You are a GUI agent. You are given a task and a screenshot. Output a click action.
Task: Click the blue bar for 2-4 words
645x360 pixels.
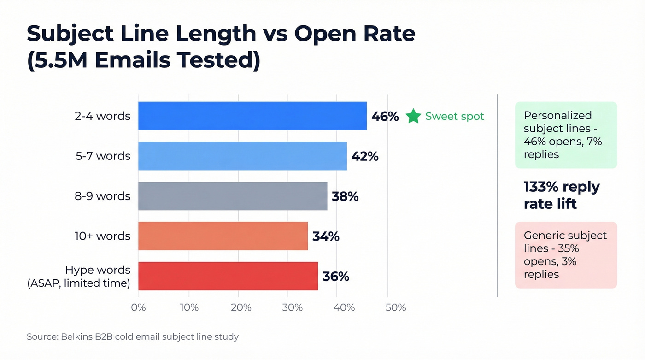point(252,116)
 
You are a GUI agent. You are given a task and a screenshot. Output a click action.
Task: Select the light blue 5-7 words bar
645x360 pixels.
point(242,156)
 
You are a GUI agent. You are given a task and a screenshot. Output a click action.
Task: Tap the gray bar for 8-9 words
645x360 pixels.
point(233,196)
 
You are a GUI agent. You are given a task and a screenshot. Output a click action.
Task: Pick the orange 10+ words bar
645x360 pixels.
point(223,236)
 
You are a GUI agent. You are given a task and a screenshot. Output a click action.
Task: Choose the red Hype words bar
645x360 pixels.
point(228,276)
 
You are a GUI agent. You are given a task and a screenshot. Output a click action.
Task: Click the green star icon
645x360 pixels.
point(413,116)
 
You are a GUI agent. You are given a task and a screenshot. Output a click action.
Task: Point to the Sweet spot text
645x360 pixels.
point(454,116)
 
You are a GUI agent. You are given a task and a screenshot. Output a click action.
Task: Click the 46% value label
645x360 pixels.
point(385,116)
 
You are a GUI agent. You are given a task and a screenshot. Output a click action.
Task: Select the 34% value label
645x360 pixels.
point(326,236)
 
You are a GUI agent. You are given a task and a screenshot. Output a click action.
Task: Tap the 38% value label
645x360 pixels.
point(345,196)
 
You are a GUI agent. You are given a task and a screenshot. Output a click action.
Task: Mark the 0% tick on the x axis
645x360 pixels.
point(138,307)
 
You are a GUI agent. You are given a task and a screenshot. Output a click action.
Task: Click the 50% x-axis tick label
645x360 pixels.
point(395,307)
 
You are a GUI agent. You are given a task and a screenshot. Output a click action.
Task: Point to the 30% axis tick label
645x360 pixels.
point(292,307)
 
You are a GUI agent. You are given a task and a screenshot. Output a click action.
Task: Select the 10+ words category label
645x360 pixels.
point(102,236)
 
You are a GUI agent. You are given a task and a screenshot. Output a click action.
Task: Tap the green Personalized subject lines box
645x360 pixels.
point(565,135)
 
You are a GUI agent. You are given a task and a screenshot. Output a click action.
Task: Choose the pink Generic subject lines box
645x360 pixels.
point(565,255)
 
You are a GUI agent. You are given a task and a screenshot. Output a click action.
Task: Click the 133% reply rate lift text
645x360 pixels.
point(561,195)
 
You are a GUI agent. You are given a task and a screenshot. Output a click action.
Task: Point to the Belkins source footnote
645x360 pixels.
point(133,337)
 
